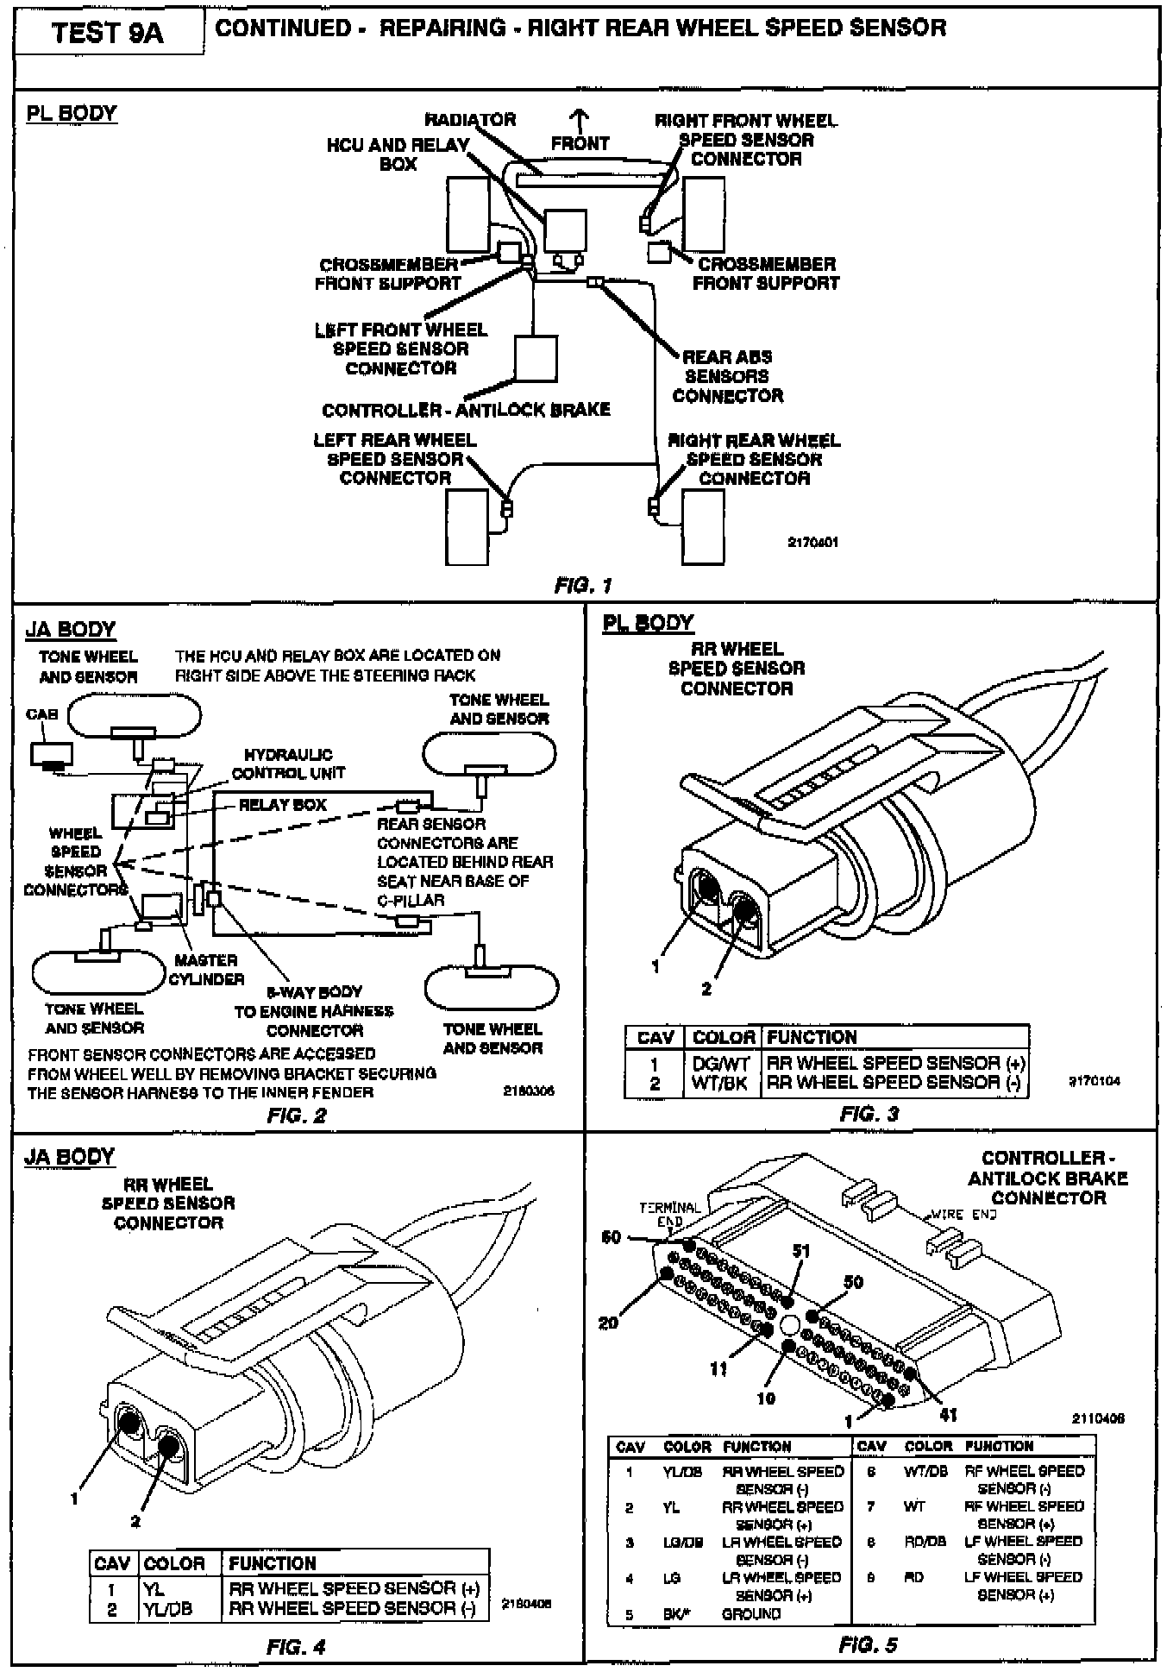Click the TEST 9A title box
coord(107,33)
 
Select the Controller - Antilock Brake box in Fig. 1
coord(536,358)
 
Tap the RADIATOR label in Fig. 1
coord(470,120)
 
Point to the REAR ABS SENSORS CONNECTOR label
coord(727,376)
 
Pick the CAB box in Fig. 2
coord(52,754)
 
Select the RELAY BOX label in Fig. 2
coord(283,805)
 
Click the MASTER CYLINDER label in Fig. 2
coord(206,969)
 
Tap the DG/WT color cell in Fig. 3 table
coord(721,1064)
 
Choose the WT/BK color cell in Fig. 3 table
coord(719,1083)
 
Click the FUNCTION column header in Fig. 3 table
coord(812,1037)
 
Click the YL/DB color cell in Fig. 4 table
coord(167,1609)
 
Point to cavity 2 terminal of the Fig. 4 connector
coord(168,1443)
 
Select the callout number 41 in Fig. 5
coord(948,1414)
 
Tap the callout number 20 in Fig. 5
coord(609,1322)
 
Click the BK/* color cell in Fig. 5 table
coord(677,1613)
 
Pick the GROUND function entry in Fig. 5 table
coord(750,1613)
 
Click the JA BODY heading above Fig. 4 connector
coord(70,1157)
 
